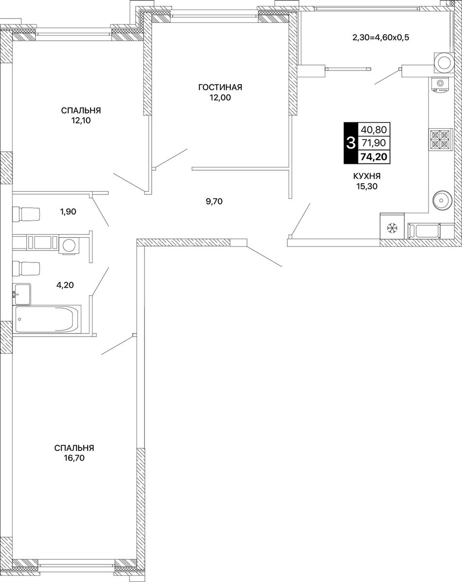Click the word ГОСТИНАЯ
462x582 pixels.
click(x=220, y=87)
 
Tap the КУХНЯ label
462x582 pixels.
click(x=367, y=176)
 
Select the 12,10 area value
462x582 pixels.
click(x=81, y=120)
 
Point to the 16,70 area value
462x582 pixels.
click(x=74, y=458)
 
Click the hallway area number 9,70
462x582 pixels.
click(x=214, y=202)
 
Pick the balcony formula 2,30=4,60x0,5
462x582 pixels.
click(x=381, y=37)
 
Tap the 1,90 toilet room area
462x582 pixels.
click(x=68, y=212)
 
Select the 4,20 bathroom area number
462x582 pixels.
click(x=65, y=285)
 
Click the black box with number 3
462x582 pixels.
click(x=350, y=143)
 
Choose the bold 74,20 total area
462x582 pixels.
click(x=373, y=157)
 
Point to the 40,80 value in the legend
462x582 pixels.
click(x=373, y=130)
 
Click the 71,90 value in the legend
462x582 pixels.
click(x=373, y=143)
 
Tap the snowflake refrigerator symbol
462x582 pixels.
click(x=392, y=228)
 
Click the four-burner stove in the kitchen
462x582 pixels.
click(x=441, y=140)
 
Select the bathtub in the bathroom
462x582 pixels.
click(x=47, y=319)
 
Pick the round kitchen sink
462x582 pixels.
click(x=442, y=200)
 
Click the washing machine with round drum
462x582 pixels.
click(x=69, y=246)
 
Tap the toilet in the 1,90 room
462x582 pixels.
click(x=26, y=213)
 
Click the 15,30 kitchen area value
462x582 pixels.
click(x=367, y=186)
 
